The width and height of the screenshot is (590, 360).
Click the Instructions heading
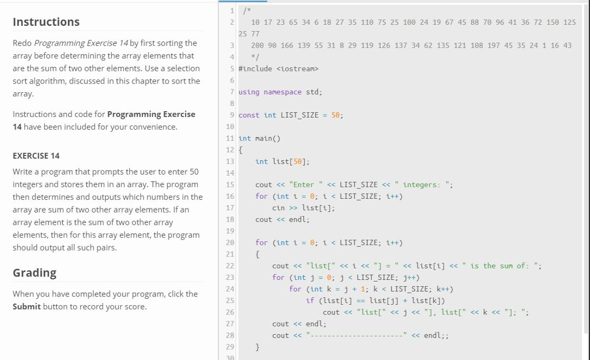[x=46, y=22]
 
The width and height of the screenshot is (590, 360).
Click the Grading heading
[x=35, y=272]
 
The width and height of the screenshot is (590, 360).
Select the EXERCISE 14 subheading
[x=36, y=156]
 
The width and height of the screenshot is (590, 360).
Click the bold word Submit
[x=27, y=306]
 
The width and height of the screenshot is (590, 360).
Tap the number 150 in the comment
[x=553, y=22]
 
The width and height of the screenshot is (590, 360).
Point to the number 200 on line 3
[x=258, y=45]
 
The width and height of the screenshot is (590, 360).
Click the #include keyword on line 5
[x=255, y=69]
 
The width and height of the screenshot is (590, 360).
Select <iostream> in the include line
[x=297, y=69]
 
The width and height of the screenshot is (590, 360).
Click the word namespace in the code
[x=282, y=92]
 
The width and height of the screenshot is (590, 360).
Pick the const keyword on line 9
[x=249, y=115]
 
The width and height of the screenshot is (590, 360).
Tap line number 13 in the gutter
[x=230, y=162]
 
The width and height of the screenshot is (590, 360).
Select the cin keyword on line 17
[x=278, y=208]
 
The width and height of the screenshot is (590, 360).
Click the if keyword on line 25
[x=310, y=301]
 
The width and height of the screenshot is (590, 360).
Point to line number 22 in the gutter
[x=230, y=266]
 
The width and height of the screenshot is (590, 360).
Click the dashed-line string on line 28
[x=357, y=335]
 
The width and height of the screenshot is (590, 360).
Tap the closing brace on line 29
[x=258, y=347]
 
